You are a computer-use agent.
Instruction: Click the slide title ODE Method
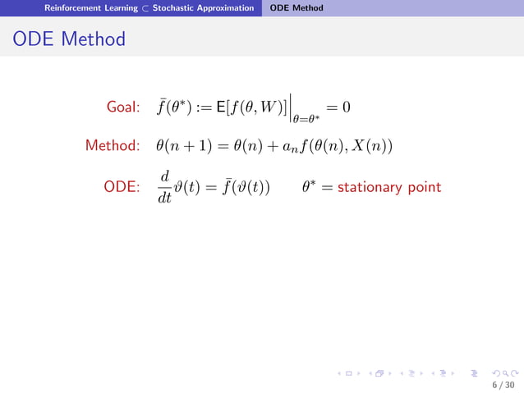coord(69,39)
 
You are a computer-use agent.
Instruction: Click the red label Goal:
coord(126,107)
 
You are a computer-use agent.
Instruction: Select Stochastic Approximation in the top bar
coord(202,8)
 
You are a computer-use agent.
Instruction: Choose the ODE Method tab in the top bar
coord(296,8)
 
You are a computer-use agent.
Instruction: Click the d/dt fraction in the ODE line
coord(164,188)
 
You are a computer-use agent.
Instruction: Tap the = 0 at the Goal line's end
coord(339,107)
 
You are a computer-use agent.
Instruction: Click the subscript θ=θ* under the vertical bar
coord(306,120)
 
